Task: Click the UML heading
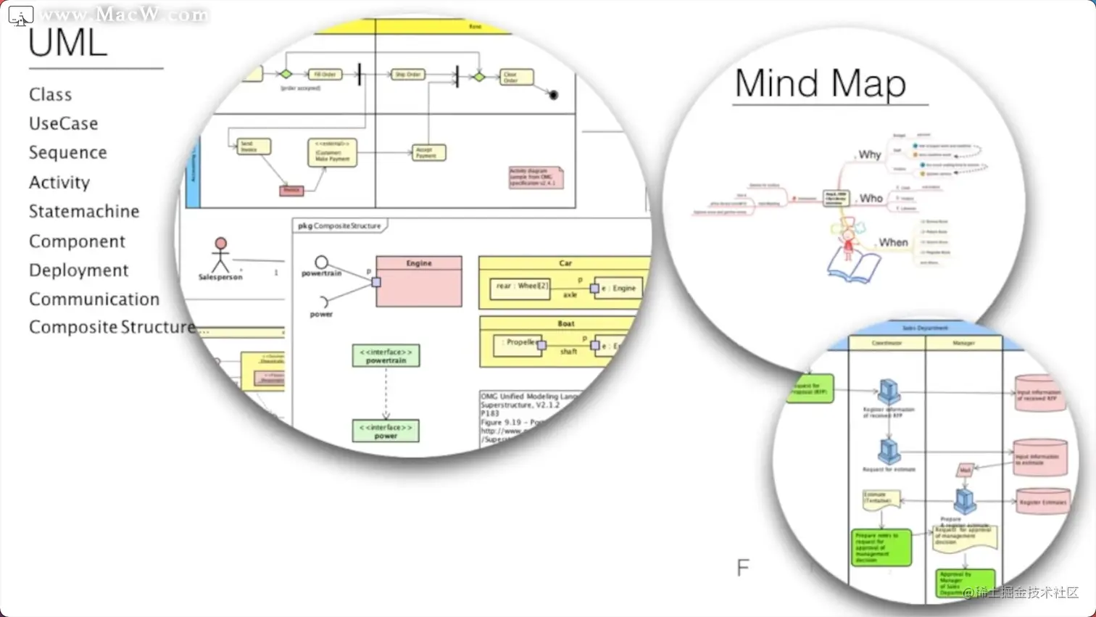[x=67, y=44]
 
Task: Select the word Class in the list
[x=50, y=95]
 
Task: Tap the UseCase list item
[x=63, y=124]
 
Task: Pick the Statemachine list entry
[x=84, y=212]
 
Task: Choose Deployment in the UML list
[x=78, y=270]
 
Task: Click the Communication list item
[x=94, y=299]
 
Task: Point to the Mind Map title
[x=820, y=83]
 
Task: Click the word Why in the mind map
[x=869, y=155]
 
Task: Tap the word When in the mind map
[x=893, y=243]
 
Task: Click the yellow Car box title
[x=565, y=263]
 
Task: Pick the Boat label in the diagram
[x=566, y=323]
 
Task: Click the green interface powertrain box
[x=386, y=356]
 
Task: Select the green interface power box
[x=386, y=431]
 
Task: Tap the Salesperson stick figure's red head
[x=220, y=244]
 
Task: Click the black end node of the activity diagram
[x=554, y=95]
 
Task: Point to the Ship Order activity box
[x=407, y=75]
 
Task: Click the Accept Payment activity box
[x=428, y=152]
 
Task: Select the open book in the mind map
[x=853, y=268]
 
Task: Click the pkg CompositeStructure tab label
[x=339, y=226]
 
